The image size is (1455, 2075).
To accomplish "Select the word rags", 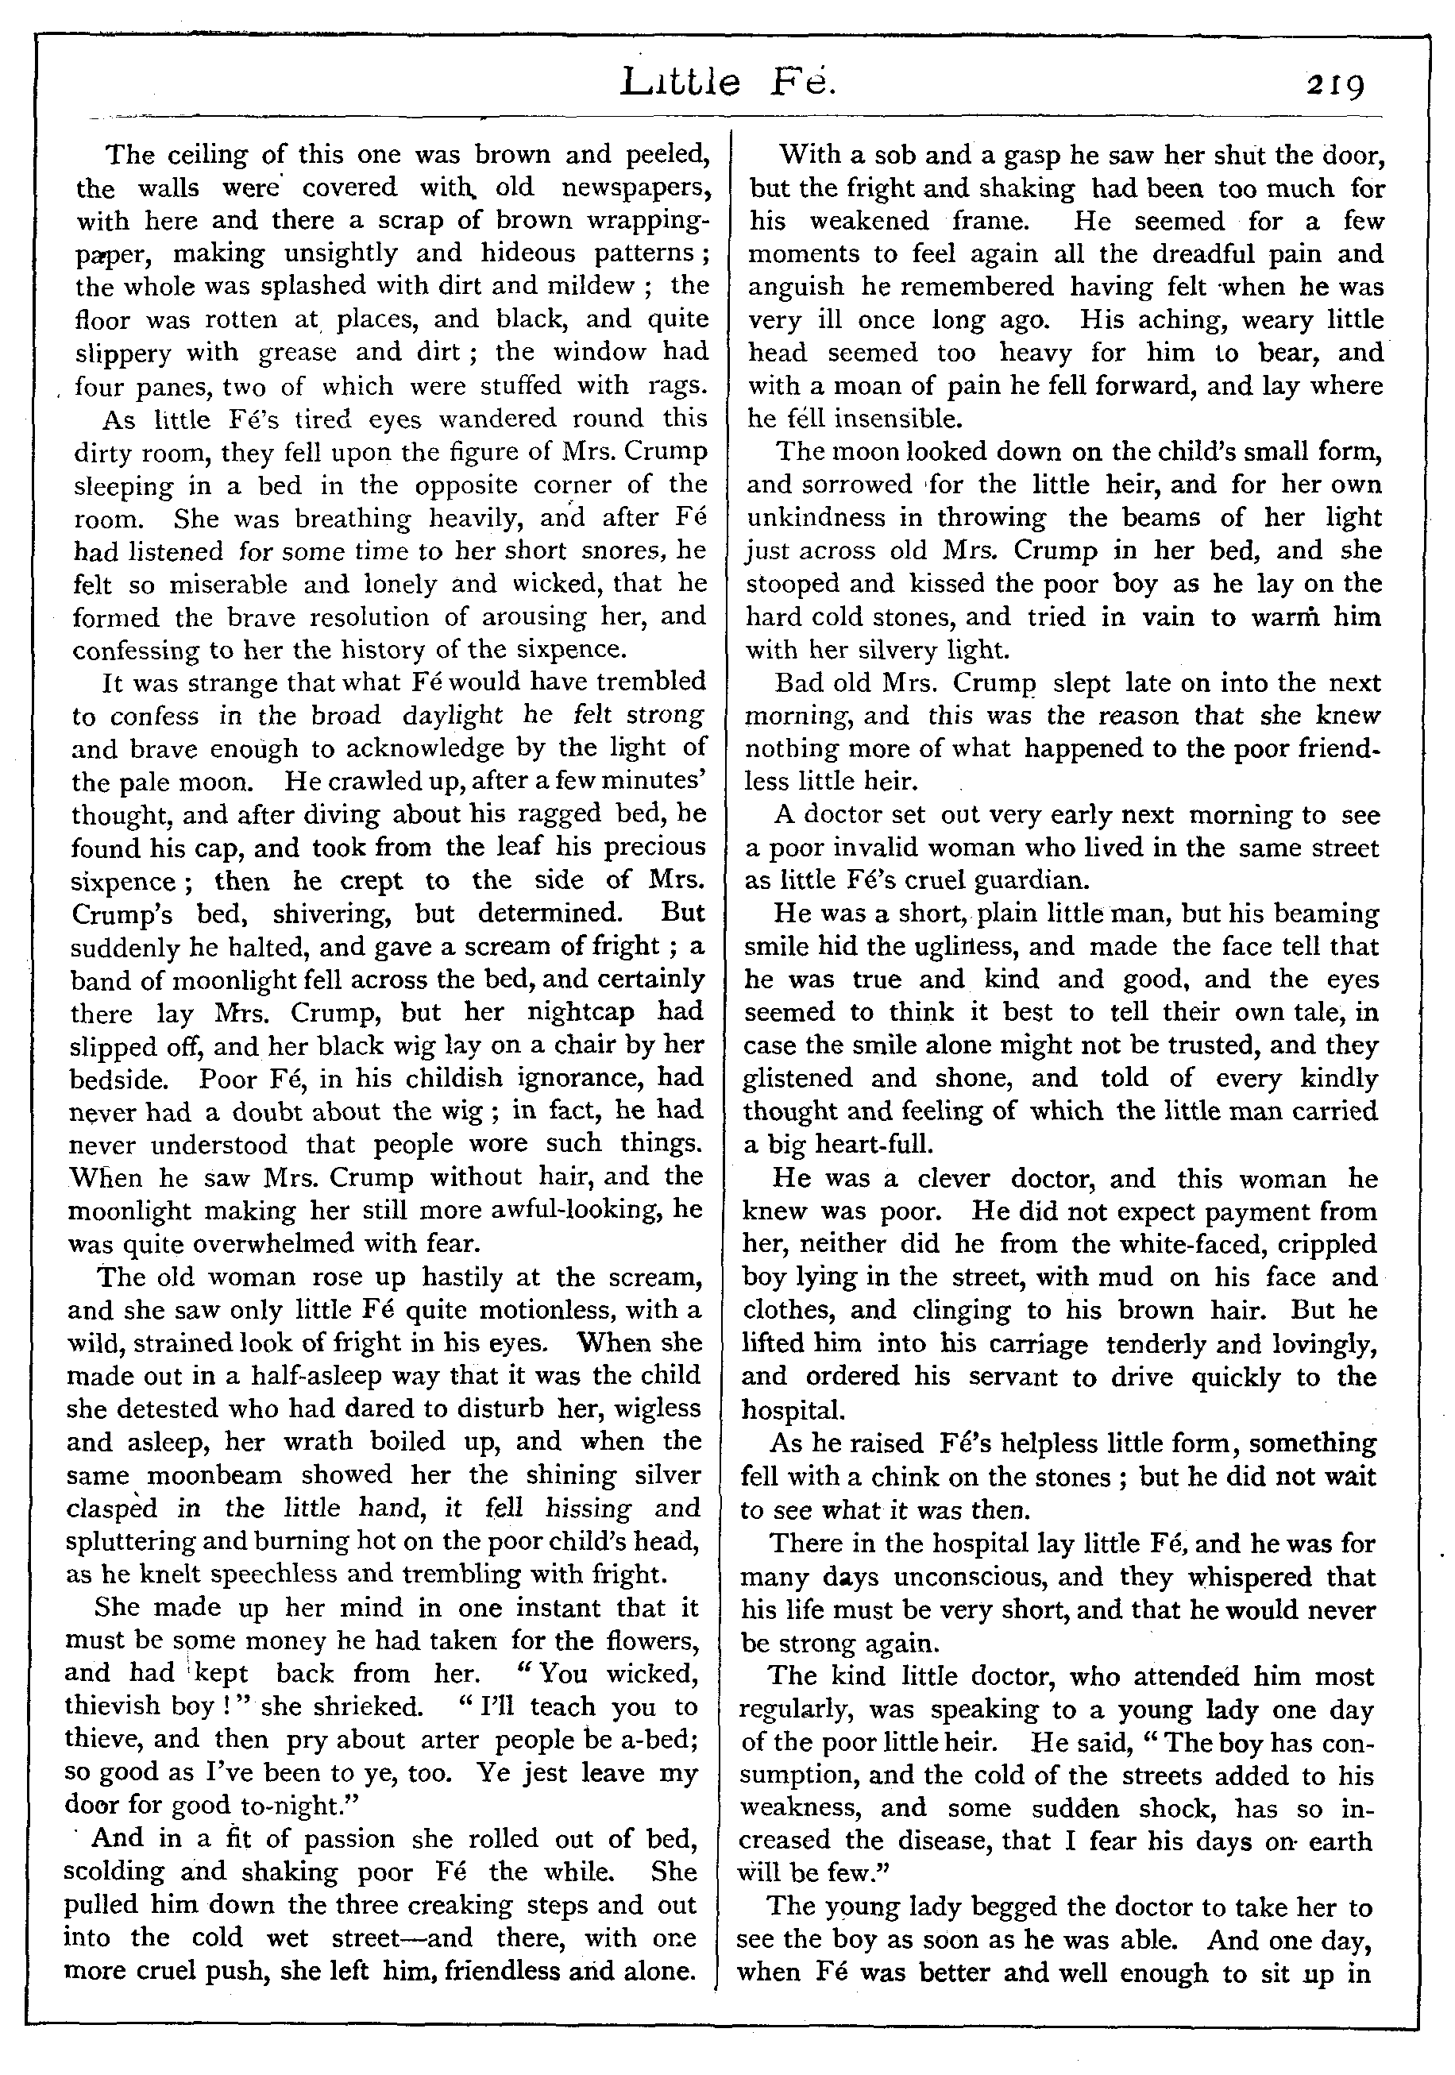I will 675,387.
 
